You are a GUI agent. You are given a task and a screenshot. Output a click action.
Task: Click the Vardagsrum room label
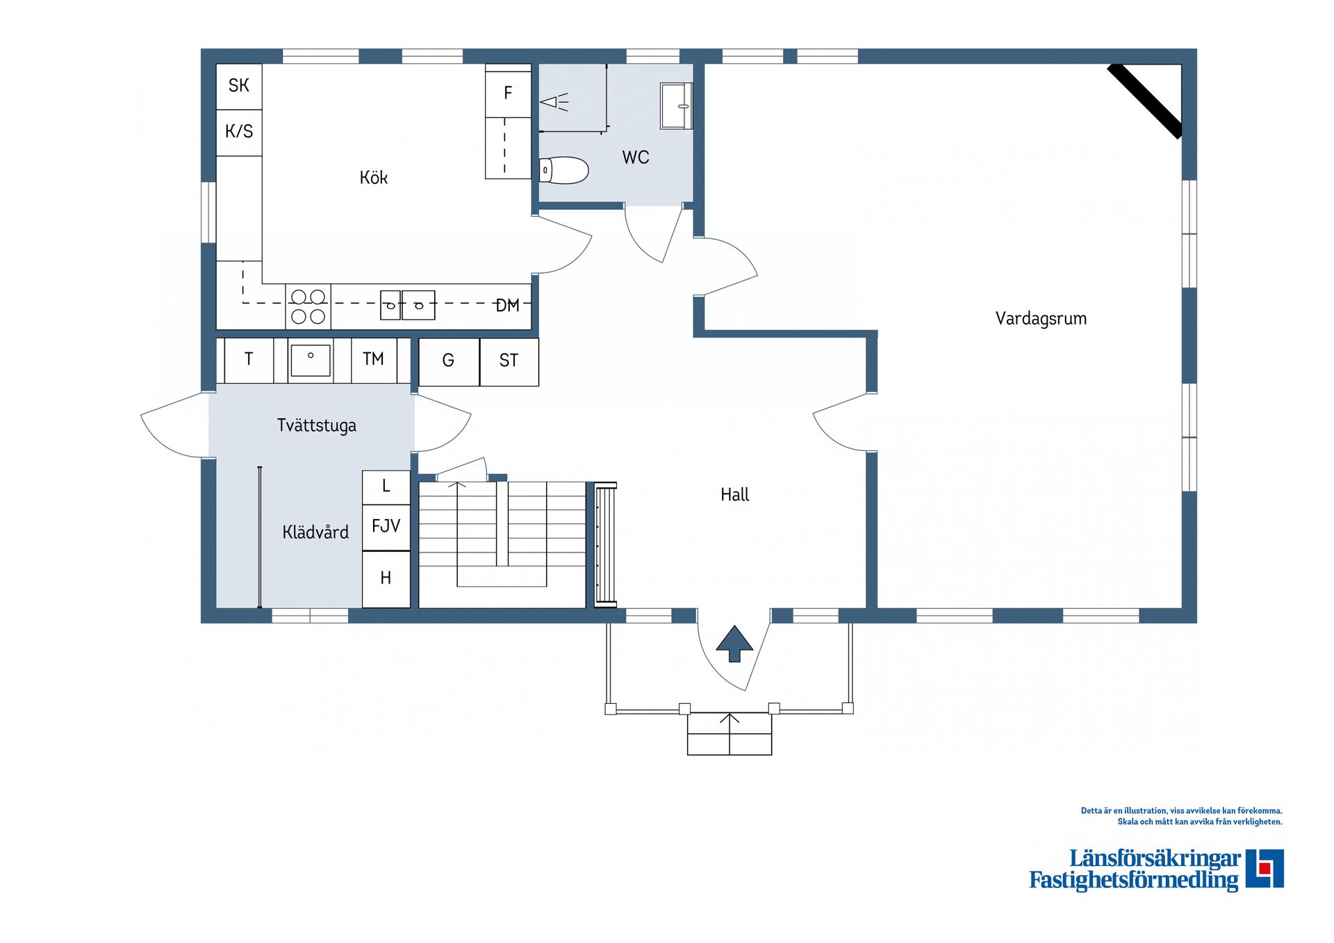point(1040,319)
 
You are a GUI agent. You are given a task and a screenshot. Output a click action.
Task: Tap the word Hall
point(734,495)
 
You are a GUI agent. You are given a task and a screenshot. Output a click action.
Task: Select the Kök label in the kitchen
point(373,178)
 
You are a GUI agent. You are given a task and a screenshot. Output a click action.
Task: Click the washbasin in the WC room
point(676,106)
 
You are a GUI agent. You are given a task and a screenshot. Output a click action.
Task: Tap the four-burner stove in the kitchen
point(308,306)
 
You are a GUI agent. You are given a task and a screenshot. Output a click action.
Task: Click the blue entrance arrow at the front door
point(734,643)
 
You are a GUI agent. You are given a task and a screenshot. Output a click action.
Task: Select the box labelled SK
point(239,86)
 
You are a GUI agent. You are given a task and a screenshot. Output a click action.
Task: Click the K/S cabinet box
point(239,131)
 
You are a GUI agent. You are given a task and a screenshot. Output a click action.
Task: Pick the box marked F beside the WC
point(508,92)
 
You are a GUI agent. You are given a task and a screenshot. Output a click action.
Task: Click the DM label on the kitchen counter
point(508,305)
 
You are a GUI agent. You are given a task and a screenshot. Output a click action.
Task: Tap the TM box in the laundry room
point(373,359)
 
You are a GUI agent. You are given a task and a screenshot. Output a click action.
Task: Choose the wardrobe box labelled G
point(449,361)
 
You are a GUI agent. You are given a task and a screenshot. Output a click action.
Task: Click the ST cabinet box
point(509,361)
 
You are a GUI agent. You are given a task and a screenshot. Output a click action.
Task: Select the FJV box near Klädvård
point(386,526)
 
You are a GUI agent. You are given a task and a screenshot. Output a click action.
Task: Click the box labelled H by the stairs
point(386,578)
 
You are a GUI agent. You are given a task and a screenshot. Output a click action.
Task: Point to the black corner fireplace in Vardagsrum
point(1145,101)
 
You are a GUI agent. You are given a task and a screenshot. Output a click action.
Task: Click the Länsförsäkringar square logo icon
point(1264,868)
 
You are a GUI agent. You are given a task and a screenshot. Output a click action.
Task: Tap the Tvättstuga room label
point(317,425)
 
